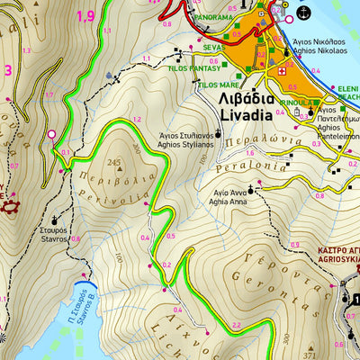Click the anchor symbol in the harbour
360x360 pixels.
(x=302, y=13)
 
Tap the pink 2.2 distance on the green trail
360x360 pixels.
(x=236, y=323)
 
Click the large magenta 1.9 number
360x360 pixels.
(x=85, y=15)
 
